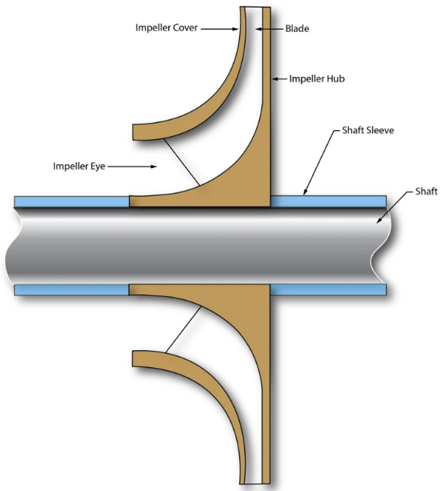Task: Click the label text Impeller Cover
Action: tap(165, 28)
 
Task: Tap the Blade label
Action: tap(297, 28)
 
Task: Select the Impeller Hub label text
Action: tap(317, 78)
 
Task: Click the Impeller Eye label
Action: tap(80, 167)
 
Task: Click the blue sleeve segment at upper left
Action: tap(71, 201)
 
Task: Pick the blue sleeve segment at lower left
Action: tap(71, 290)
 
